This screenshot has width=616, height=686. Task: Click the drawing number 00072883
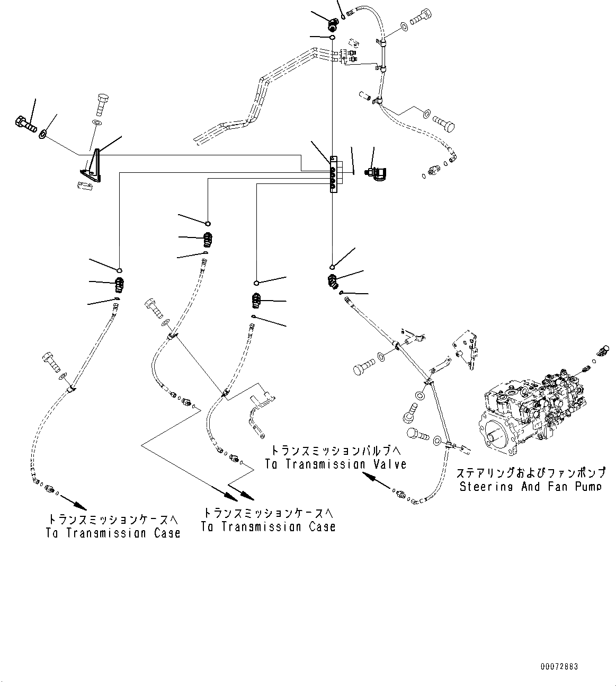(559, 666)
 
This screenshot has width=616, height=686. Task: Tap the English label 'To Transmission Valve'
(336, 464)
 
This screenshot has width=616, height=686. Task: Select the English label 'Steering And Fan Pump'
(530, 486)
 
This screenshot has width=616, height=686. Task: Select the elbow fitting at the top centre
(333, 22)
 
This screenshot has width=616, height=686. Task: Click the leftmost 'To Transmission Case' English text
(113, 533)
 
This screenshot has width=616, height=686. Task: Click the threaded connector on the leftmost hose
(120, 286)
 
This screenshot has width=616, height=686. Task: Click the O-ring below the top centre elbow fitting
(332, 38)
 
